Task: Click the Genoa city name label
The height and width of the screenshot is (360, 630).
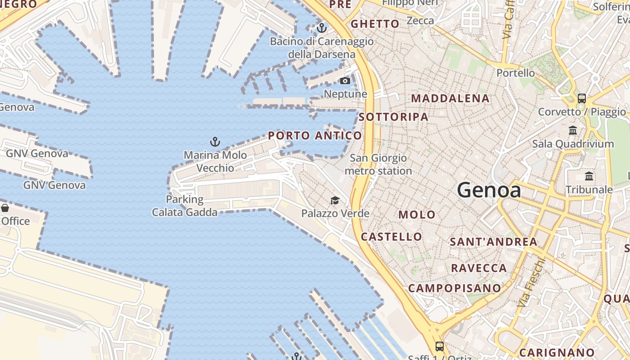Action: pos(489,190)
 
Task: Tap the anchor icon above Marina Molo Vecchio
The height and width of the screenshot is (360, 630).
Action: pos(215,142)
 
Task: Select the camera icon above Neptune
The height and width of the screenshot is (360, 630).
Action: pos(345,81)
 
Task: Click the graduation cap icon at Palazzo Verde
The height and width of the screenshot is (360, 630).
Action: pos(335,200)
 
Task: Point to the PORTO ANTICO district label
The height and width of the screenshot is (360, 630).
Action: pos(315,135)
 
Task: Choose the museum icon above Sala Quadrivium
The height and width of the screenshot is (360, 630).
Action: pos(573,130)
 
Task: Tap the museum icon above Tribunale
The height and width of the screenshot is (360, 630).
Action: pos(589,176)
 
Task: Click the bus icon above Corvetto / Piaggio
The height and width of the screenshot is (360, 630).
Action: pos(582,98)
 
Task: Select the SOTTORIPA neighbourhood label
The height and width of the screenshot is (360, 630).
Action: pos(394,117)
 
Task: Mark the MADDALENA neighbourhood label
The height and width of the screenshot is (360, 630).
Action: pos(450,98)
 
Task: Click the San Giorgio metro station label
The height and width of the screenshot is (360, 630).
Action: pos(378,164)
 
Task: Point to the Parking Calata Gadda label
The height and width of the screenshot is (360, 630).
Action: pos(184,206)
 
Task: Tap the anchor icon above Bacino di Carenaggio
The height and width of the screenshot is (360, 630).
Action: pos(321,28)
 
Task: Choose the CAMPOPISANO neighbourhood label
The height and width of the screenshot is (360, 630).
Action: pos(454,288)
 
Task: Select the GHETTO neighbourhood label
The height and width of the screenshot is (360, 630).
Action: pos(375,24)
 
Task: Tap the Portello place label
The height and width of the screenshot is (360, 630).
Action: pos(516,73)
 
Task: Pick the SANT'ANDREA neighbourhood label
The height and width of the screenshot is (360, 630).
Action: pos(494,242)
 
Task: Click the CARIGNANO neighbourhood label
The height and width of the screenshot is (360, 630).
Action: pos(557,352)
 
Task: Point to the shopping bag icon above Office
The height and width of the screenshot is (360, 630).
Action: pos(5,208)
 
